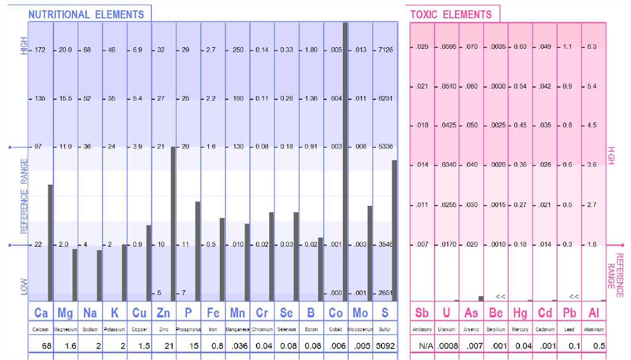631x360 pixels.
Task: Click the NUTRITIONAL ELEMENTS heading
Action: pyautogui.click(x=86, y=14)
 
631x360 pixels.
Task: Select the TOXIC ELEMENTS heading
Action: pyautogui.click(x=451, y=14)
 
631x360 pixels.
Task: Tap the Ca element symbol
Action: pyautogui.click(x=41, y=313)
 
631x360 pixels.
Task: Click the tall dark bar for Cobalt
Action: pyautogui.click(x=345, y=161)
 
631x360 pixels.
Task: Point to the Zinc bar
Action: pyautogui.click(x=173, y=224)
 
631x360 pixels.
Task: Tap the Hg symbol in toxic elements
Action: pyautogui.click(x=520, y=313)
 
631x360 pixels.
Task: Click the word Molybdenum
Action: pyautogui.click(x=360, y=330)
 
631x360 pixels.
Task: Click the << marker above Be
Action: pyautogui.click(x=500, y=296)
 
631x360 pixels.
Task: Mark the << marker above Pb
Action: pyautogui.click(x=573, y=296)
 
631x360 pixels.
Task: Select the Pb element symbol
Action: pyautogui.click(x=569, y=313)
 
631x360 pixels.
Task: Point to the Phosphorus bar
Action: pyautogui.click(x=197, y=251)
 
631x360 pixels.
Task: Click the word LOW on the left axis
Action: pyautogui.click(x=24, y=287)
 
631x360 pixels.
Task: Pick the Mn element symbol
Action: pyautogui.click(x=238, y=313)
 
